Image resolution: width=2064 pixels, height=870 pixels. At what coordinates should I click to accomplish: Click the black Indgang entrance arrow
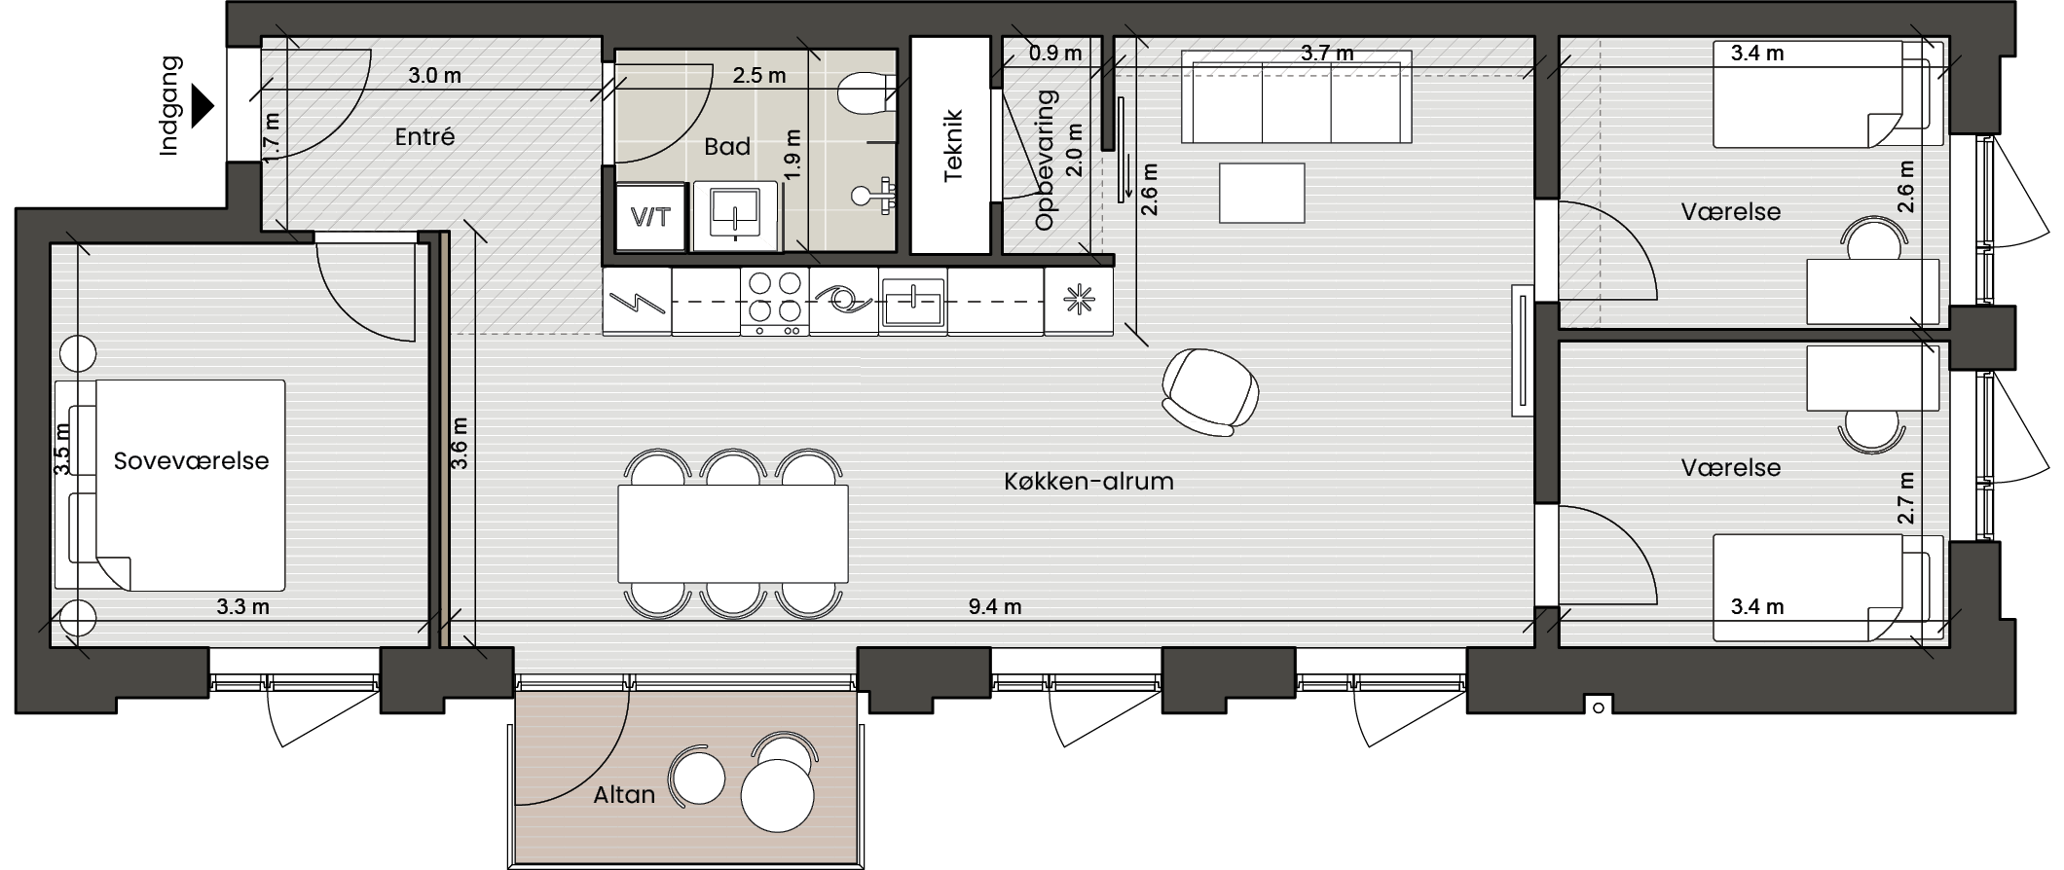coord(203,106)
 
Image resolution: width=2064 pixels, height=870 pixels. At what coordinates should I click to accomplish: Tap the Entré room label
coord(424,137)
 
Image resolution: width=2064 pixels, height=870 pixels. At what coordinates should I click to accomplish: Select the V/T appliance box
coord(650,216)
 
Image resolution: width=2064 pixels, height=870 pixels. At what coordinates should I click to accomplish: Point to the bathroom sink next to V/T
coord(735,215)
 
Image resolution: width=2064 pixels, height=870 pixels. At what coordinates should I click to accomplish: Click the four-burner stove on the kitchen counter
coord(775,302)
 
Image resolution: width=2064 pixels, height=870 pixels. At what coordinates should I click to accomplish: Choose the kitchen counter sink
coord(912,302)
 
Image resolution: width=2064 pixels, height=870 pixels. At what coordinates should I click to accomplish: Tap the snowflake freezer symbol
coord(1078,301)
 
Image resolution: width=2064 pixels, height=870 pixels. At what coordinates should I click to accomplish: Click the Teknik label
coord(953,146)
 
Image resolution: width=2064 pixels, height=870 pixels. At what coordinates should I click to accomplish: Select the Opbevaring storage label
coord(1046,161)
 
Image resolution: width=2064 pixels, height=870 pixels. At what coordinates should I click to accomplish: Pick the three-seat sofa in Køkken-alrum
coord(1297,97)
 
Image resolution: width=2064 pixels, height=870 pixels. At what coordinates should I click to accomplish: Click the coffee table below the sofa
coord(1262,193)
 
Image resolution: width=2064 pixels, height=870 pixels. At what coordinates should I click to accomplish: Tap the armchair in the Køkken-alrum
coord(1209,391)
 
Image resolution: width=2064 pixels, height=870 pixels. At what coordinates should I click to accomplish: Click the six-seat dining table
coord(733,533)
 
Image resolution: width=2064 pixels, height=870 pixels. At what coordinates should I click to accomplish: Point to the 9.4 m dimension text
coord(995,607)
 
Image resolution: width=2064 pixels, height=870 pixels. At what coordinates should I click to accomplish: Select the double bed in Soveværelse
coord(170,485)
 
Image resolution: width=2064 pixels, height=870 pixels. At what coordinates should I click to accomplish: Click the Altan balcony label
coord(624,795)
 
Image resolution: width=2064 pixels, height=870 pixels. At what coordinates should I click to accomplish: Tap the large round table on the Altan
coord(777,795)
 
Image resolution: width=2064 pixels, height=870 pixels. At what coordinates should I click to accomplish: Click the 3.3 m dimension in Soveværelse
coord(242,607)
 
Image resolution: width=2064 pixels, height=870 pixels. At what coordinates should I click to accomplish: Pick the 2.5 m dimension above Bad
coord(759,76)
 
